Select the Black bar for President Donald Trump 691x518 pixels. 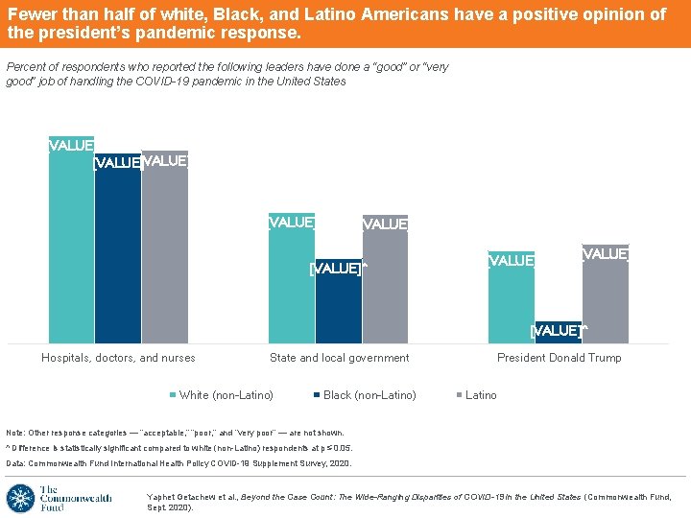pyautogui.click(x=558, y=333)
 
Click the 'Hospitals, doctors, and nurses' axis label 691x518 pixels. pyautogui.click(x=118, y=358)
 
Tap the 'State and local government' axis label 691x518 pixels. pyautogui.click(x=339, y=358)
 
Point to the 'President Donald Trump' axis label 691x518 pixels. pyautogui.click(x=559, y=358)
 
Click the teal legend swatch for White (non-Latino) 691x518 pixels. pyautogui.click(x=173, y=395)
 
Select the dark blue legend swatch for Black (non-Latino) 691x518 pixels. pyautogui.click(x=317, y=395)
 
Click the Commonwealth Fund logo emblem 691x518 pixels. pyautogui.click(x=20, y=499)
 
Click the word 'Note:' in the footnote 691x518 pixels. pyautogui.click(x=16, y=433)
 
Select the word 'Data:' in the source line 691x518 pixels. pyautogui.click(x=16, y=463)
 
